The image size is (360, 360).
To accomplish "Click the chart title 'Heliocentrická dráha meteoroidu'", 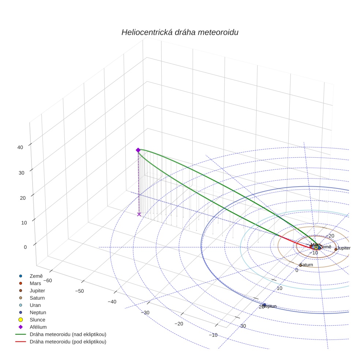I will coord(180,33).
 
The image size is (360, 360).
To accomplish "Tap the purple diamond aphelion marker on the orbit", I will coord(138,150).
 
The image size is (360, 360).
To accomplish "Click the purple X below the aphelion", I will coord(139,214).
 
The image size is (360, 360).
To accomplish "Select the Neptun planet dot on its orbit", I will coord(265,305).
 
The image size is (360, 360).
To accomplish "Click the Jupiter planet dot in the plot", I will coord(336,249).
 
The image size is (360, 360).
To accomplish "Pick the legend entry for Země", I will coord(36,276).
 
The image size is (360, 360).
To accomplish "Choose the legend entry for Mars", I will coord(35,283).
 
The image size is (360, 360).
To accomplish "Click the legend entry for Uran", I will coord(35,305).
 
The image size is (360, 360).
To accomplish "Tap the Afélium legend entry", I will coord(38,327).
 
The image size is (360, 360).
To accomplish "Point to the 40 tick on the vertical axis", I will coord(20,147).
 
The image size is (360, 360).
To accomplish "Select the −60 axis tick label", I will coord(48,281).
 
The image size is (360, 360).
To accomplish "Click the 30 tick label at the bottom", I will coord(243,326).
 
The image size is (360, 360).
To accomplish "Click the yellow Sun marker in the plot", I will coord(316,248).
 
